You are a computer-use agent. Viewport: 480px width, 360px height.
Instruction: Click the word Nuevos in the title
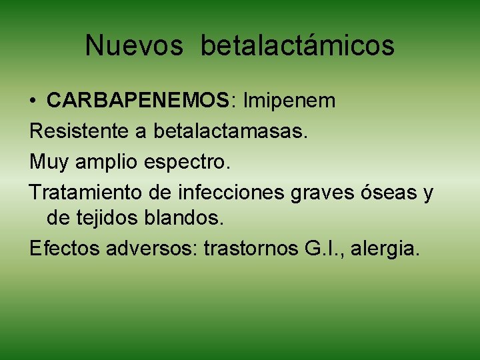click(x=133, y=46)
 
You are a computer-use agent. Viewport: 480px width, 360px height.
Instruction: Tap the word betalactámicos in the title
click(x=297, y=46)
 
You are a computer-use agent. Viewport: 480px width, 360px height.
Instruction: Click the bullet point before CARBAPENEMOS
click(x=33, y=102)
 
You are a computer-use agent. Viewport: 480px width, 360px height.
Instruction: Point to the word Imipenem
click(x=290, y=101)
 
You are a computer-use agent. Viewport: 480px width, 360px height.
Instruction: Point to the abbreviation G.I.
click(x=324, y=248)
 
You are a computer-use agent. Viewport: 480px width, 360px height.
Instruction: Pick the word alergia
click(x=389, y=249)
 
